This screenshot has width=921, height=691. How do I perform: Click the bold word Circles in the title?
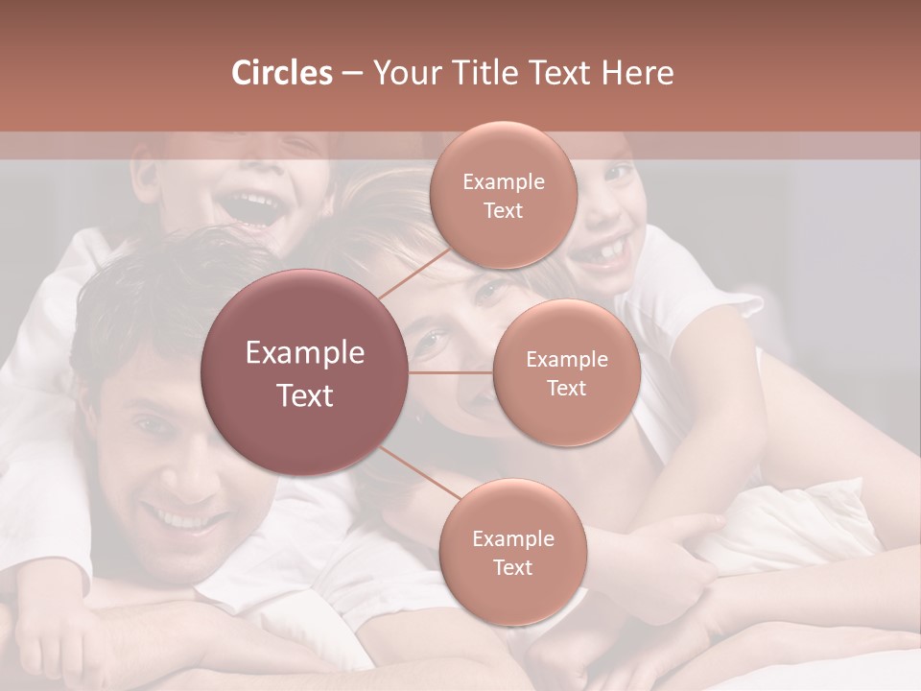281,73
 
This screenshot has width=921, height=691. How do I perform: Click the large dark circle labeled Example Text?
305,372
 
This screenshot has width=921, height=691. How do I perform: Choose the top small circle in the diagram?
502,195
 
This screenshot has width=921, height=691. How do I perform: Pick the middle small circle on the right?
566,372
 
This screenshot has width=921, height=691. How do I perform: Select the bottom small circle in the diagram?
512,552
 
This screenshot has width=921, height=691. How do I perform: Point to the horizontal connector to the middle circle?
451,372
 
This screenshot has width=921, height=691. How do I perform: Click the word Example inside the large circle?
305,353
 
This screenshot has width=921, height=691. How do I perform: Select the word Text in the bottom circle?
512,567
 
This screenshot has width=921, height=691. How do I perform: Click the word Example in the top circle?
504,181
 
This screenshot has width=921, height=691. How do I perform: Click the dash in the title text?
352,74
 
